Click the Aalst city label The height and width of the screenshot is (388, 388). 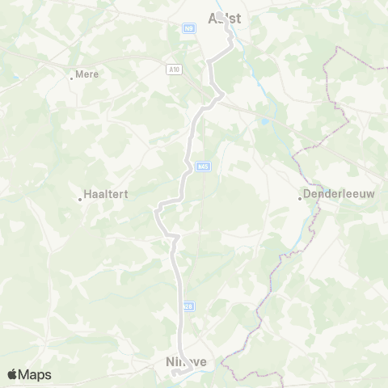click(225, 17)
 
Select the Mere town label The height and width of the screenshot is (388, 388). click(86, 74)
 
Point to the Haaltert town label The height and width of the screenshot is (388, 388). click(108, 195)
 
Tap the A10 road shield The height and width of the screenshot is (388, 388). click(175, 70)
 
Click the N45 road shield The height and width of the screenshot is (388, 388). click(202, 167)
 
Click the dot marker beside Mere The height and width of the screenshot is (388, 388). click(71, 78)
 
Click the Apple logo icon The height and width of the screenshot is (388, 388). click(12, 374)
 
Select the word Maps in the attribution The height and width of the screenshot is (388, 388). click(35, 374)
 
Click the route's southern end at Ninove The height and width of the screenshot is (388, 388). click(175, 373)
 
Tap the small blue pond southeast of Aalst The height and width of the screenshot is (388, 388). click(263, 122)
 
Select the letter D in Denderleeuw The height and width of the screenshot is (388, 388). click(307, 195)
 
